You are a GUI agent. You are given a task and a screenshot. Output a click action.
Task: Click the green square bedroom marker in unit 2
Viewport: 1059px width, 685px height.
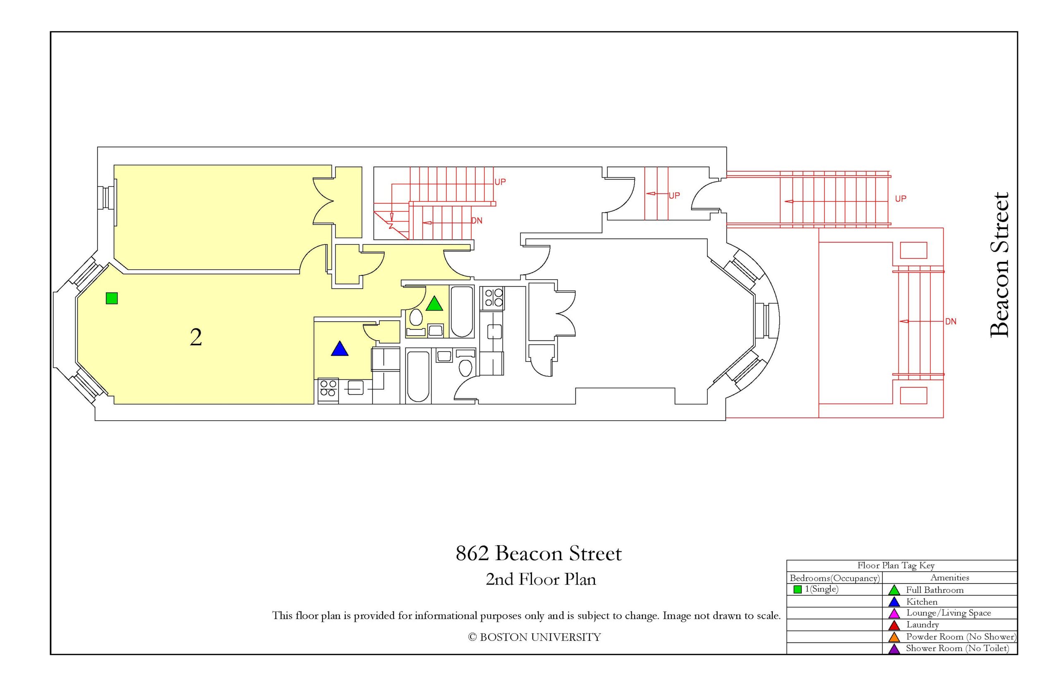click(112, 298)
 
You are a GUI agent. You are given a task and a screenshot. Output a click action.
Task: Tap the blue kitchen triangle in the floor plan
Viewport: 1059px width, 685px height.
click(339, 349)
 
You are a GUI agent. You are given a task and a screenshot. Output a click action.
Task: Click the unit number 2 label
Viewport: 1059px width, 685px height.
click(196, 337)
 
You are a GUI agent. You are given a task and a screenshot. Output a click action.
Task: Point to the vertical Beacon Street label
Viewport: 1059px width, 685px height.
click(999, 265)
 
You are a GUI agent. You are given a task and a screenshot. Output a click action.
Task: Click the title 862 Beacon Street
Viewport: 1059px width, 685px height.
click(538, 553)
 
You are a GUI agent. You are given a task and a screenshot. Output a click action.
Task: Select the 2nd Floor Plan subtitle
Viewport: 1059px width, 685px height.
click(540, 579)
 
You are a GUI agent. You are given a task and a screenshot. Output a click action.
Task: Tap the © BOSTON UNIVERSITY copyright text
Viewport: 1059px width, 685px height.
click(534, 637)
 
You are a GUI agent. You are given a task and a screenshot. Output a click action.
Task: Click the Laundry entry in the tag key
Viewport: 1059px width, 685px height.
click(922, 625)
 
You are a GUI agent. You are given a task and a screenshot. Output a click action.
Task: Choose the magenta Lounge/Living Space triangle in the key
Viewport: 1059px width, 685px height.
click(894, 614)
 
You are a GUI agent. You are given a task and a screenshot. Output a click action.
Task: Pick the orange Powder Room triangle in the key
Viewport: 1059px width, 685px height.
click(894, 637)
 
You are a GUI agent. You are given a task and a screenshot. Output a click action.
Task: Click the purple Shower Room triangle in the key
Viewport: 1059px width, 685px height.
click(894, 649)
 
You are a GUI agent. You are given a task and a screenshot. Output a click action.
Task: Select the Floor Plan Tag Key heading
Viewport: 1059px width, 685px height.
click(895, 565)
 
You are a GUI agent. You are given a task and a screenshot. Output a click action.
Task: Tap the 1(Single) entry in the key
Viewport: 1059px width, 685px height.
click(821, 589)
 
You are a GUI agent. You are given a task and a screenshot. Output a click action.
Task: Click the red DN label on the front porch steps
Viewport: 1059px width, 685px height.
click(951, 321)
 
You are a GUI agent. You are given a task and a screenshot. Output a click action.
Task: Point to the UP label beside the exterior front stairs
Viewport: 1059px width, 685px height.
click(900, 199)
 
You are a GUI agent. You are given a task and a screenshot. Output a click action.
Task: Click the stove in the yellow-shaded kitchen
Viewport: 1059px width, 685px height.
click(328, 388)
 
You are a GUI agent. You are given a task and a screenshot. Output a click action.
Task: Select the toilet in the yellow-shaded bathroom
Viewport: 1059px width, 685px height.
click(416, 317)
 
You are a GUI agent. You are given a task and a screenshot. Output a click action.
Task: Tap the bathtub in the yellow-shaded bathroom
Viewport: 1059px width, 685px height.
click(462, 311)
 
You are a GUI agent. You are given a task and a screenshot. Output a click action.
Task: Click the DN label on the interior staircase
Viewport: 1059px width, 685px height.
click(477, 220)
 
